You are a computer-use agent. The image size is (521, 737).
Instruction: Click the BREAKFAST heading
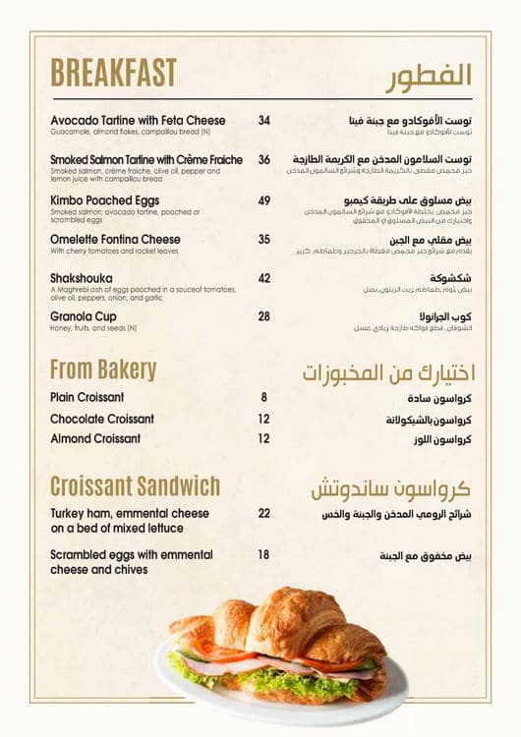click(x=113, y=73)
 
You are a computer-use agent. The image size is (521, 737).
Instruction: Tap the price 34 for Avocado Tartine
click(x=263, y=121)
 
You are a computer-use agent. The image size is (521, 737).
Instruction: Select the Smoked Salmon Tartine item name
click(x=146, y=159)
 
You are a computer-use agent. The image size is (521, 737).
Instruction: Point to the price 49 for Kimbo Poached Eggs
click(x=263, y=200)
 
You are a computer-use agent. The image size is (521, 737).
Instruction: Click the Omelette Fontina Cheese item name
click(x=115, y=239)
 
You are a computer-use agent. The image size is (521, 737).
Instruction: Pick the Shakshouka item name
click(x=81, y=278)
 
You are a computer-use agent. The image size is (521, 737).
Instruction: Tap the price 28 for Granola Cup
click(x=263, y=316)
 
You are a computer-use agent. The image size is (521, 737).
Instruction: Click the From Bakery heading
click(x=103, y=369)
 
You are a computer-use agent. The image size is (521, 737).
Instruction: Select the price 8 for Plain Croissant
click(x=263, y=397)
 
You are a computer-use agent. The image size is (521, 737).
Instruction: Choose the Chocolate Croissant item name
click(x=102, y=419)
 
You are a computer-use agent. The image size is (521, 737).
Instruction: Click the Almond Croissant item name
click(x=95, y=438)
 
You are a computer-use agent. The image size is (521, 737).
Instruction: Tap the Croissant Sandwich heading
click(x=135, y=485)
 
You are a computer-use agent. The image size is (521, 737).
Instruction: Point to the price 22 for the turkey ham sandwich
click(x=263, y=513)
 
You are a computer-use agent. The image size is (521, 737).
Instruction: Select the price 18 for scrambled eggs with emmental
click(x=263, y=554)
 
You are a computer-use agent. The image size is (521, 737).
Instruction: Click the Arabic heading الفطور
click(x=428, y=75)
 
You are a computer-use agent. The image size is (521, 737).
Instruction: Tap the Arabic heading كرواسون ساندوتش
click(x=391, y=488)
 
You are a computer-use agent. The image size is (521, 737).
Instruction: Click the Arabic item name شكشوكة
click(x=448, y=278)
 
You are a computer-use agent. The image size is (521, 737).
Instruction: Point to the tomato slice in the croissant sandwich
click(x=221, y=652)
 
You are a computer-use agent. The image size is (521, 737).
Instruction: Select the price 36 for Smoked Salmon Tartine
click(x=263, y=159)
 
